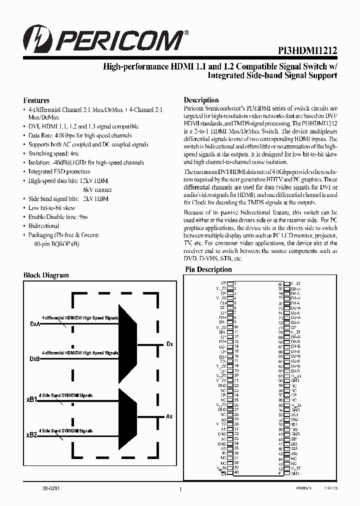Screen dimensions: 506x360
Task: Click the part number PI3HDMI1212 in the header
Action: [x=307, y=51]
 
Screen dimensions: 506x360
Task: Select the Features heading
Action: [x=36, y=100]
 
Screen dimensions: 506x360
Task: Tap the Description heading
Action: [x=201, y=100]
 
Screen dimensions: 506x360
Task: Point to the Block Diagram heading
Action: [x=46, y=275]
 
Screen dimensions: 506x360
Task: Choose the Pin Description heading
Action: [x=208, y=269]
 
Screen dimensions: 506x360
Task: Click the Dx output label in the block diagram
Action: [x=169, y=344]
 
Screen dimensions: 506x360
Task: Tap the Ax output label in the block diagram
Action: [x=169, y=416]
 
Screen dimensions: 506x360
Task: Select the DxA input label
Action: [x=35, y=324]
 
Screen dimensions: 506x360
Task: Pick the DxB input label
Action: [x=35, y=358]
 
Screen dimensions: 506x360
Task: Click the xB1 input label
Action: [x=31, y=400]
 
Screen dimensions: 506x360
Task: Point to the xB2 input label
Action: [x=31, y=435]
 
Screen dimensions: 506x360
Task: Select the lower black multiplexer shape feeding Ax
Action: [x=127, y=418]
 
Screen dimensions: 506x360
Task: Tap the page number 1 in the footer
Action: [x=179, y=490]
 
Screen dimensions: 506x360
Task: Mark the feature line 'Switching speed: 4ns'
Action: [x=53, y=153]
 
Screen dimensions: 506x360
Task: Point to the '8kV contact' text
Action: [x=97, y=189]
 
